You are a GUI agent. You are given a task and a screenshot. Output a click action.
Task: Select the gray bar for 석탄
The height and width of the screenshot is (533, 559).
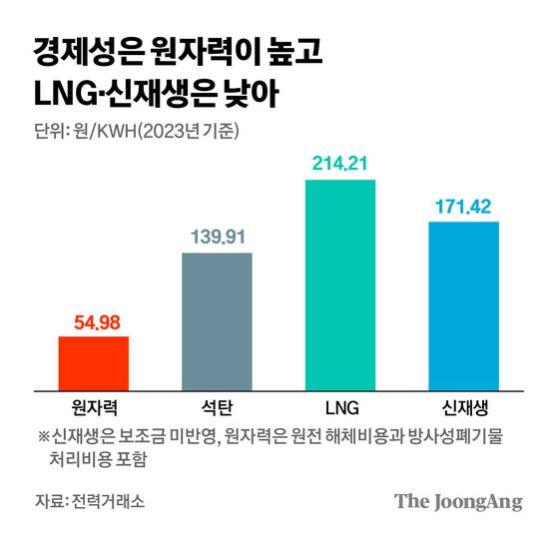click(217, 320)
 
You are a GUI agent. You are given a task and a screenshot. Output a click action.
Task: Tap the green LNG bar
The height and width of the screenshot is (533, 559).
click(340, 284)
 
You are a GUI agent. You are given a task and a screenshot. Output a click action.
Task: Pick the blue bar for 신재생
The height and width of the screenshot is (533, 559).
click(463, 304)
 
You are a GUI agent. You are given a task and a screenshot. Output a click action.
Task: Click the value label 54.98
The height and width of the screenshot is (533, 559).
click(94, 322)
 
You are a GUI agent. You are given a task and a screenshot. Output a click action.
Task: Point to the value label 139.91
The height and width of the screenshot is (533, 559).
click(217, 238)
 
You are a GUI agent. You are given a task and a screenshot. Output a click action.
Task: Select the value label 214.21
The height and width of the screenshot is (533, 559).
click(340, 165)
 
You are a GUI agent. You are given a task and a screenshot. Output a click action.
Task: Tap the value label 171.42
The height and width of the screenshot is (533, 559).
click(463, 207)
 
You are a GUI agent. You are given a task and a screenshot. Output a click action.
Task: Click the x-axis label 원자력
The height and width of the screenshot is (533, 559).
click(94, 407)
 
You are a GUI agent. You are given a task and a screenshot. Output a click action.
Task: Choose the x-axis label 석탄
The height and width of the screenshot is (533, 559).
click(217, 407)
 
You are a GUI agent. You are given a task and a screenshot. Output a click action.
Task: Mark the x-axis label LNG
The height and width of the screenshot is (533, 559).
click(340, 407)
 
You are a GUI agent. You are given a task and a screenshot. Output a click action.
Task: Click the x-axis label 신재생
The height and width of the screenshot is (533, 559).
click(463, 407)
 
